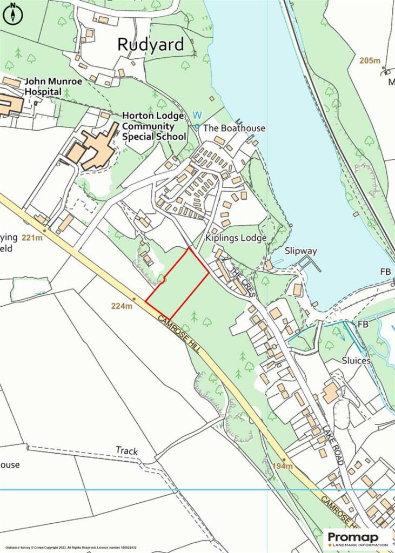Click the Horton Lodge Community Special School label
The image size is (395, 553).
(x=155, y=126)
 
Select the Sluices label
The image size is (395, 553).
(x=356, y=360)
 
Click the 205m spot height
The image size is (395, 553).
(x=370, y=60)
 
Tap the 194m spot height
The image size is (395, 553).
(x=283, y=466)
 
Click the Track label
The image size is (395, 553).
(x=127, y=450)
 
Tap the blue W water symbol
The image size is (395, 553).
(x=197, y=115)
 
